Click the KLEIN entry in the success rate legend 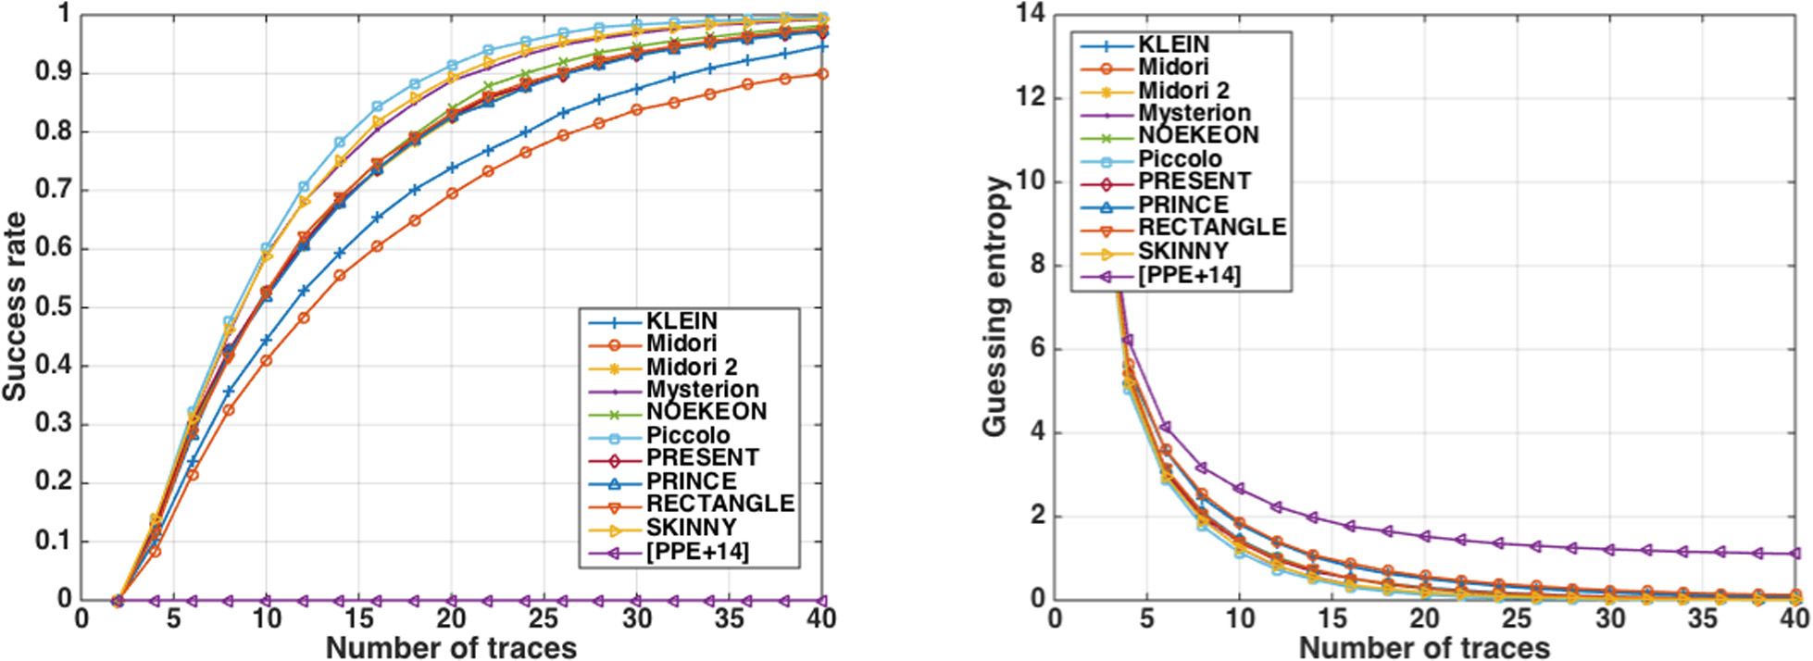click(x=681, y=321)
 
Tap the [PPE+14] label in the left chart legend click(x=697, y=552)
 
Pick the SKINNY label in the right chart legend click(x=1183, y=251)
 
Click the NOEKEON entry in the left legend click(x=706, y=412)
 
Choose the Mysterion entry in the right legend click(x=1194, y=113)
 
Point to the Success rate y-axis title click(x=15, y=306)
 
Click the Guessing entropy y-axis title click(x=994, y=306)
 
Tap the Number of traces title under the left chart click(x=451, y=648)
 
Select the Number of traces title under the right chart click(x=1424, y=648)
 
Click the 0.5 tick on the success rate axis click(x=54, y=307)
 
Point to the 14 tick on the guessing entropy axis click(x=1031, y=13)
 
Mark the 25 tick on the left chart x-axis click(x=544, y=618)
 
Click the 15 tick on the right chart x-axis click(x=1332, y=618)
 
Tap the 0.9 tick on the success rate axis click(x=54, y=73)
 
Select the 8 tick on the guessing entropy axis click(x=1038, y=265)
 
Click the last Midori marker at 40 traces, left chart click(x=822, y=74)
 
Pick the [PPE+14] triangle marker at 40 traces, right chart click(x=1795, y=554)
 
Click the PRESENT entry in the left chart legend click(x=702, y=458)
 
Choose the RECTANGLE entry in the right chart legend click(x=1212, y=228)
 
